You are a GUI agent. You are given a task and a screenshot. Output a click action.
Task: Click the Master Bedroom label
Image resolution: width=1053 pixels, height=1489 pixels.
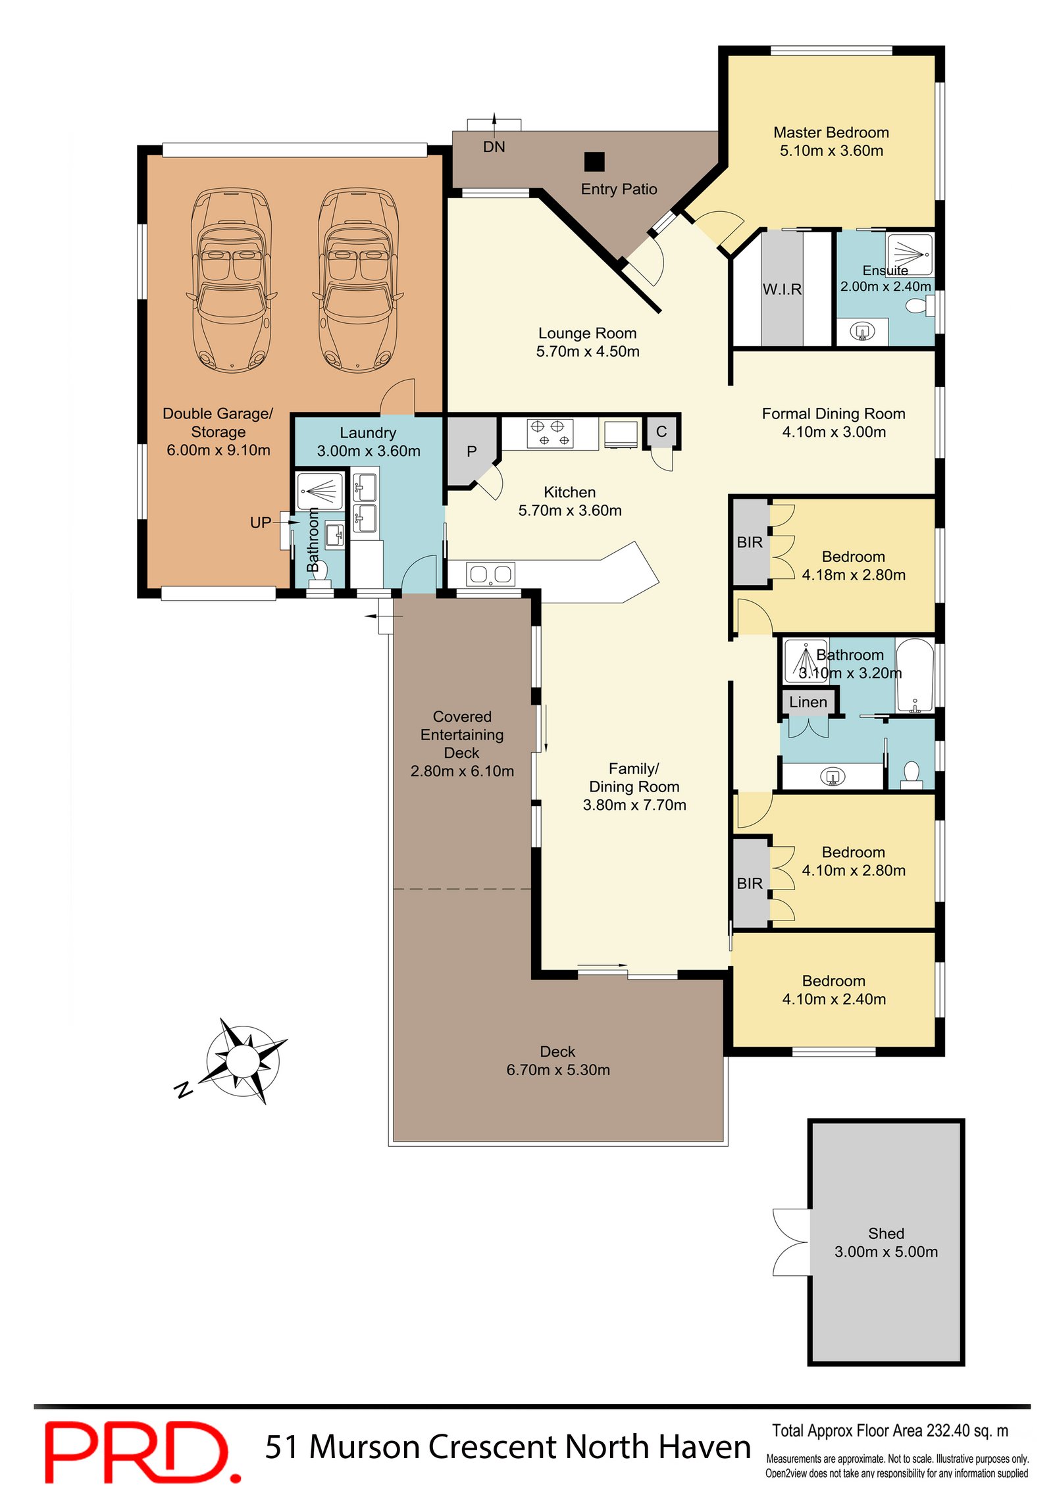pyautogui.click(x=831, y=132)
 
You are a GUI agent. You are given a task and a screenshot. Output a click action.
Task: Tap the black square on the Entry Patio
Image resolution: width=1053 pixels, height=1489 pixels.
pyautogui.click(x=594, y=161)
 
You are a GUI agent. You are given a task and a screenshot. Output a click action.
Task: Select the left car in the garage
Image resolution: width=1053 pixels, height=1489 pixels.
pyautogui.click(x=231, y=281)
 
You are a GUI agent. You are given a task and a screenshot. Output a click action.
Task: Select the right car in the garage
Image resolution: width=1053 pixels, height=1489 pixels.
pyautogui.click(x=357, y=281)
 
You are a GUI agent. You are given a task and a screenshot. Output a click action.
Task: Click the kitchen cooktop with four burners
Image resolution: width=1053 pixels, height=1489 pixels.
pyautogui.click(x=550, y=433)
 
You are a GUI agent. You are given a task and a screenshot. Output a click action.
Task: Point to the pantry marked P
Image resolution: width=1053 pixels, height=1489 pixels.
pyautogui.click(x=471, y=451)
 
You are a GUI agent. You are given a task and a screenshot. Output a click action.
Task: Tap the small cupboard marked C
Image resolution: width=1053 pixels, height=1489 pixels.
pyautogui.click(x=661, y=432)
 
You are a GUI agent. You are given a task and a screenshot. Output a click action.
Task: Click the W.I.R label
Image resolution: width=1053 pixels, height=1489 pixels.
pyautogui.click(x=782, y=290)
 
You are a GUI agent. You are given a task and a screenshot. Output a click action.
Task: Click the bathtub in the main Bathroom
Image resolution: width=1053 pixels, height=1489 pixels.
pyautogui.click(x=914, y=674)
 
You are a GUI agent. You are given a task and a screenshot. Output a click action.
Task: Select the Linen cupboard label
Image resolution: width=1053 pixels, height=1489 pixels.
pyautogui.click(x=808, y=702)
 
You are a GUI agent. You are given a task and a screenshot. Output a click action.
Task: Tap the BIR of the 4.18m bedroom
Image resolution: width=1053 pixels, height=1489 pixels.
pyautogui.click(x=750, y=542)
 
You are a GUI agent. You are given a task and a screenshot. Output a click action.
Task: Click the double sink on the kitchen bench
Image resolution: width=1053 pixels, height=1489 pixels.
pyautogui.click(x=490, y=574)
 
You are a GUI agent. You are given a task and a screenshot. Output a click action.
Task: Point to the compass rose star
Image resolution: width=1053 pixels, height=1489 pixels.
pyautogui.click(x=243, y=1060)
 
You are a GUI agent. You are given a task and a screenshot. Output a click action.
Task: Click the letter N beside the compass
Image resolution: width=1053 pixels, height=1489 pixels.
pyautogui.click(x=184, y=1090)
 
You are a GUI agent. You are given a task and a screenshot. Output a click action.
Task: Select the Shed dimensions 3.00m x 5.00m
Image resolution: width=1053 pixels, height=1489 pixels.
pyautogui.click(x=886, y=1251)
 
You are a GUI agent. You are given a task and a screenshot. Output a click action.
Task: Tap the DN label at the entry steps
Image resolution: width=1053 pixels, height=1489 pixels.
pyautogui.click(x=494, y=147)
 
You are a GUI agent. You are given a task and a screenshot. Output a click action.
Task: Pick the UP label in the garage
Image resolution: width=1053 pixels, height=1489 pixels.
pyautogui.click(x=260, y=522)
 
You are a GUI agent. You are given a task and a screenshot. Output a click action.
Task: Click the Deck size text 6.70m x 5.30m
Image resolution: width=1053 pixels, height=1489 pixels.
pyautogui.click(x=557, y=1070)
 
